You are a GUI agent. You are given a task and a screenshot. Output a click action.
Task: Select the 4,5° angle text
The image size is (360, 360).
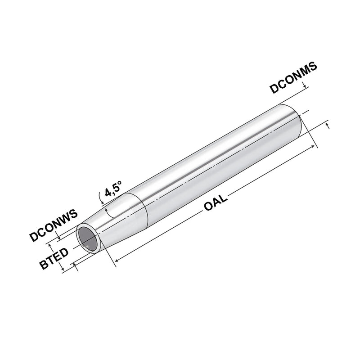(114, 191)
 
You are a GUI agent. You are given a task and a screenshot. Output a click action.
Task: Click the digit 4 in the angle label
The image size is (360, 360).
(108, 193)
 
